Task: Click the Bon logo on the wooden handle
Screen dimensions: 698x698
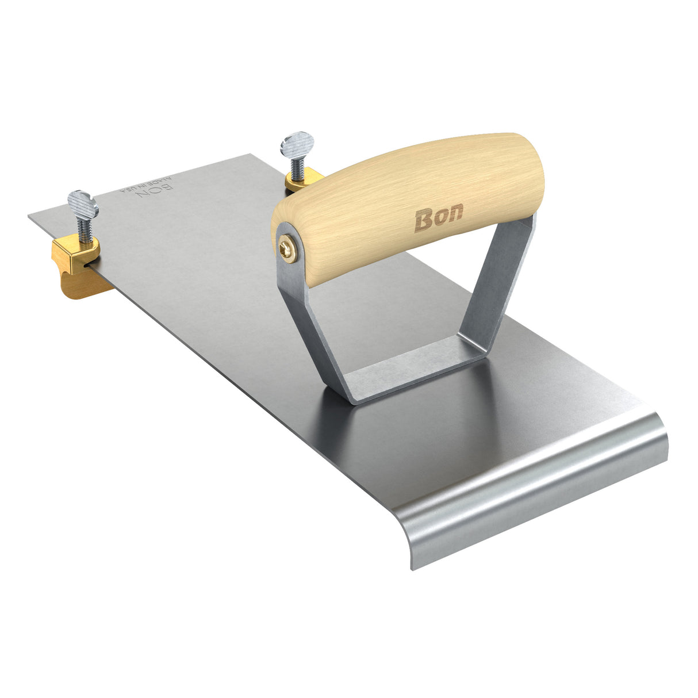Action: (x=438, y=220)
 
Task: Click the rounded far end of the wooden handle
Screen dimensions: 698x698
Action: (x=532, y=172)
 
